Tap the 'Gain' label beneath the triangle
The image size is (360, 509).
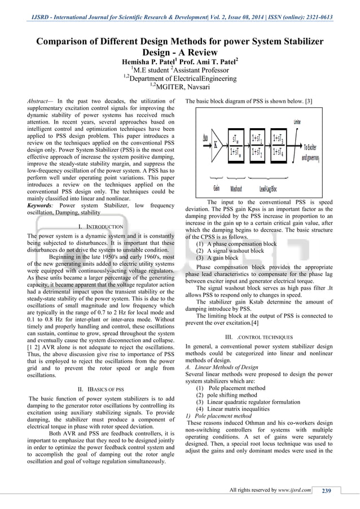pos(216,187)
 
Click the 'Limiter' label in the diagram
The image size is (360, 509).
pos(296,121)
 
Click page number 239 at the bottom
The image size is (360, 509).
pos(326,490)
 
